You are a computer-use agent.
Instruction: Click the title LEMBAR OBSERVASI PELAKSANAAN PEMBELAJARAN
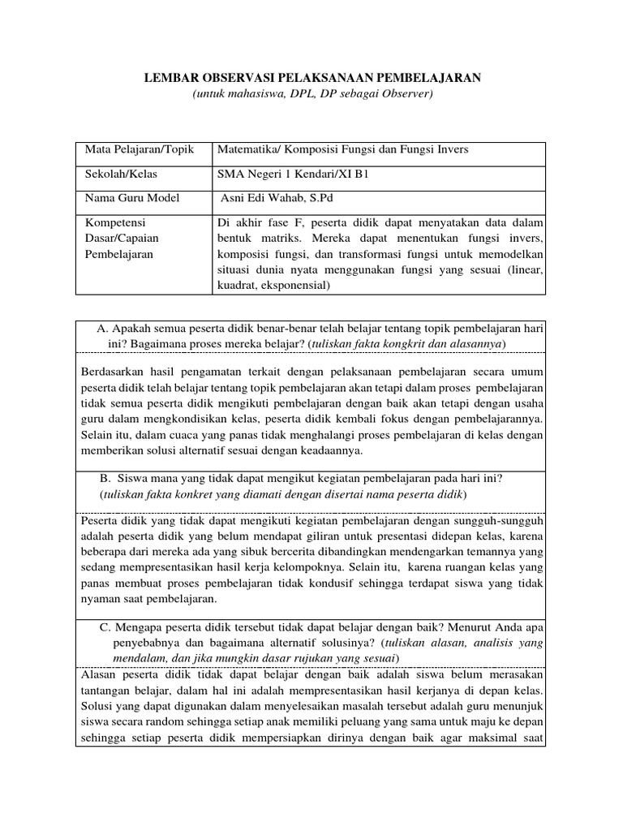[312, 77]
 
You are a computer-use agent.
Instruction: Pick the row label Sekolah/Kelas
[122, 174]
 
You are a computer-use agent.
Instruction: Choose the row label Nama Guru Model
[132, 197]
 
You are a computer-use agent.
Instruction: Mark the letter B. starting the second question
[105, 478]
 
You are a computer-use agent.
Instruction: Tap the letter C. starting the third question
[105, 627]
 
